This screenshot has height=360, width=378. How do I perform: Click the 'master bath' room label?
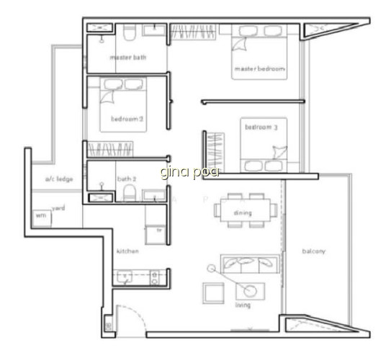[x=128, y=58]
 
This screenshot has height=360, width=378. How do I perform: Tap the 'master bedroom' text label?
[x=260, y=68]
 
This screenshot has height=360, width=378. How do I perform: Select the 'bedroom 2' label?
[x=127, y=119]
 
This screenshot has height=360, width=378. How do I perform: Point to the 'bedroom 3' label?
[x=261, y=127]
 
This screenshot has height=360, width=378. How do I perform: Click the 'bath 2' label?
[x=127, y=179]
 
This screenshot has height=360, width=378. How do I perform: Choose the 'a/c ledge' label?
[x=59, y=179]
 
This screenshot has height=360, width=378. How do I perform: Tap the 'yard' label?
[x=58, y=208]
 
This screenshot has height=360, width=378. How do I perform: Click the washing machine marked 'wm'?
[x=42, y=218]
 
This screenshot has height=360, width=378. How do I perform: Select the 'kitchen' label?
[x=127, y=251]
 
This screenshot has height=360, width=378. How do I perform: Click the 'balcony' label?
[x=314, y=251]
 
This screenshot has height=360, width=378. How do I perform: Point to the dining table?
[x=246, y=210]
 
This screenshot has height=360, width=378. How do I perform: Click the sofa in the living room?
[x=250, y=264]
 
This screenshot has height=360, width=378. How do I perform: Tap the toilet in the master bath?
[x=130, y=32]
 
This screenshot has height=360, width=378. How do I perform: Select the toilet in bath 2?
[x=130, y=193]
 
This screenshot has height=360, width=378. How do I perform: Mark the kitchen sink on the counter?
[x=125, y=276]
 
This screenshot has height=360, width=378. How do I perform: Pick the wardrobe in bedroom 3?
[x=215, y=153]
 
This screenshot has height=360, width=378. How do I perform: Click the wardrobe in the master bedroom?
[x=193, y=32]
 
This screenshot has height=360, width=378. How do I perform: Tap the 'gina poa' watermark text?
[x=189, y=172]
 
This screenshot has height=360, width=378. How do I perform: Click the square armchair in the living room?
[x=213, y=293]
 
